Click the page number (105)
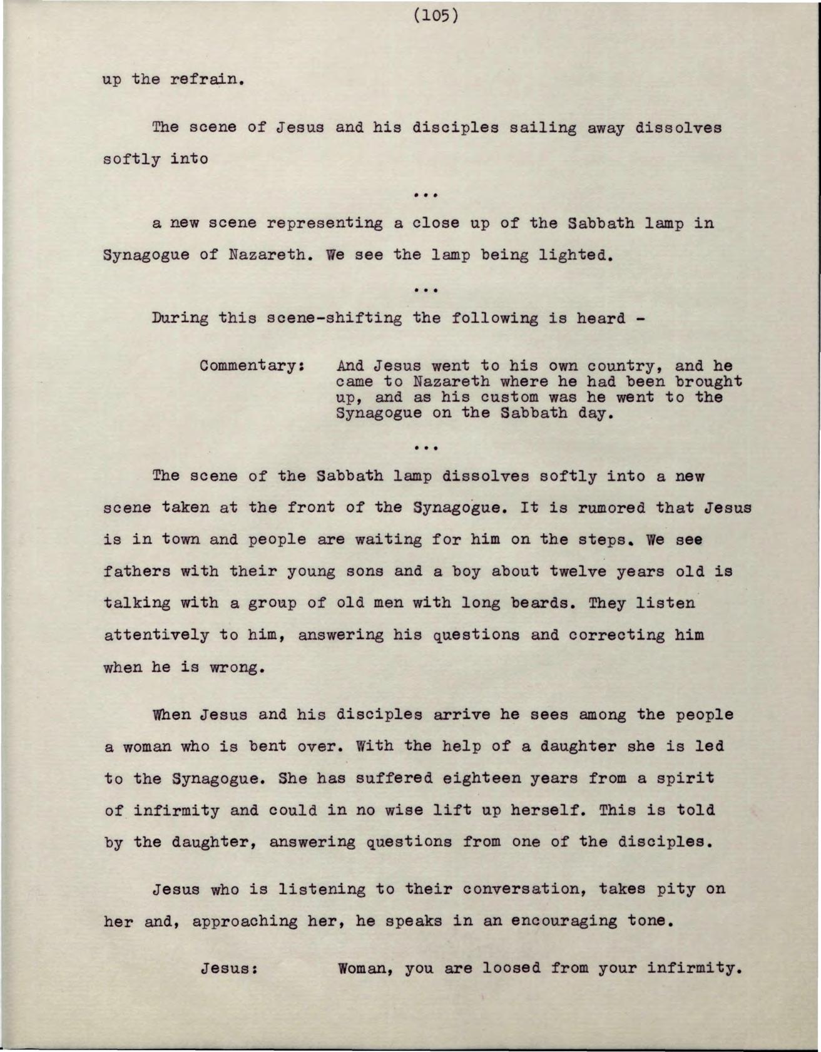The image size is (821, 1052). point(436,16)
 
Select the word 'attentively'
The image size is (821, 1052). point(156,635)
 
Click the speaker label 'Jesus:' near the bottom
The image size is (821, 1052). point(229,969)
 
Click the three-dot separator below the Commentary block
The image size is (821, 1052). point(426,448)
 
